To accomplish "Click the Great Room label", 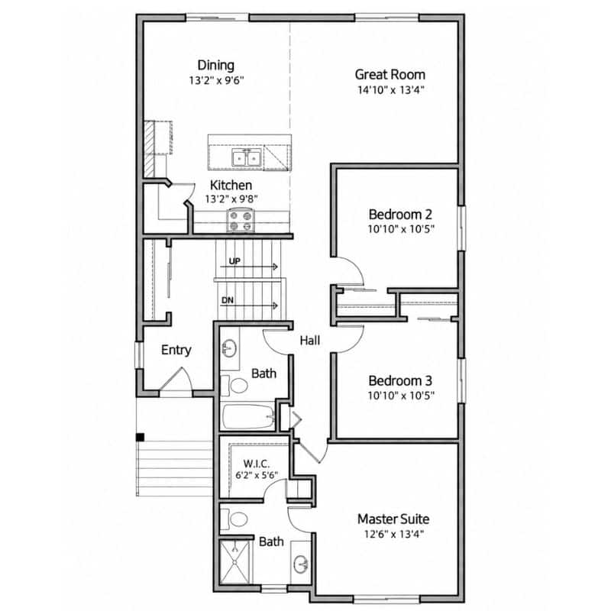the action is [390, 74].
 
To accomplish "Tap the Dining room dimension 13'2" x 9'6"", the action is [216, 81].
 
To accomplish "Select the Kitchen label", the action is [231, 185].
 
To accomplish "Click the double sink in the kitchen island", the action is [246, 157].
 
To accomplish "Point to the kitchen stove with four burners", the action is [241, 221].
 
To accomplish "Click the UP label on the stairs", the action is [234, 261].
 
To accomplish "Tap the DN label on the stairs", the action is [228, 300].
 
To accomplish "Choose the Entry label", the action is [176, 350].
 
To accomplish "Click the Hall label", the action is [310, 341].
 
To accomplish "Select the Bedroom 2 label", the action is [400, 215].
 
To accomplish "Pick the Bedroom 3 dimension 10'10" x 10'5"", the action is [401, 396].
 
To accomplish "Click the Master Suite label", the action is [393, 519].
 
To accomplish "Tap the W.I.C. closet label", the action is [257, 464].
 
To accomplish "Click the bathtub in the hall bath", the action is [248, 416].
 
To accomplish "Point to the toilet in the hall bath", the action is [234, 386].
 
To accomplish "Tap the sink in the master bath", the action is [300, 564].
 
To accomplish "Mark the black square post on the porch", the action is [140, 437].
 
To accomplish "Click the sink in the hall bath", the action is [230, 348].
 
